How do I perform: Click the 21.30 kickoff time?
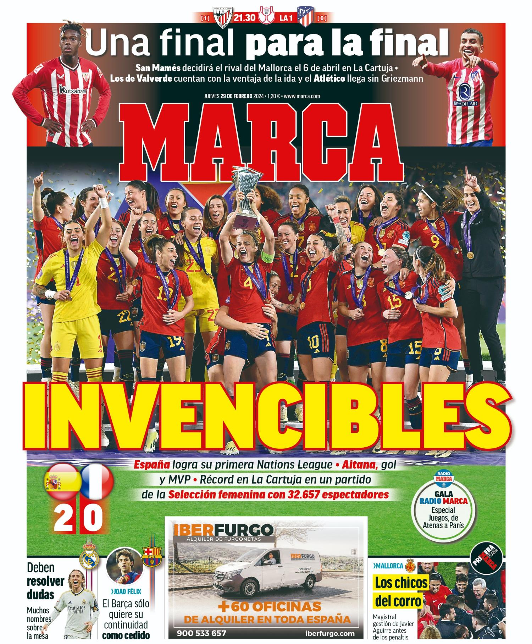(244, 17)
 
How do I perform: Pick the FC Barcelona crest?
(151, 557)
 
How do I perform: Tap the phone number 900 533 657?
(201, 633)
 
